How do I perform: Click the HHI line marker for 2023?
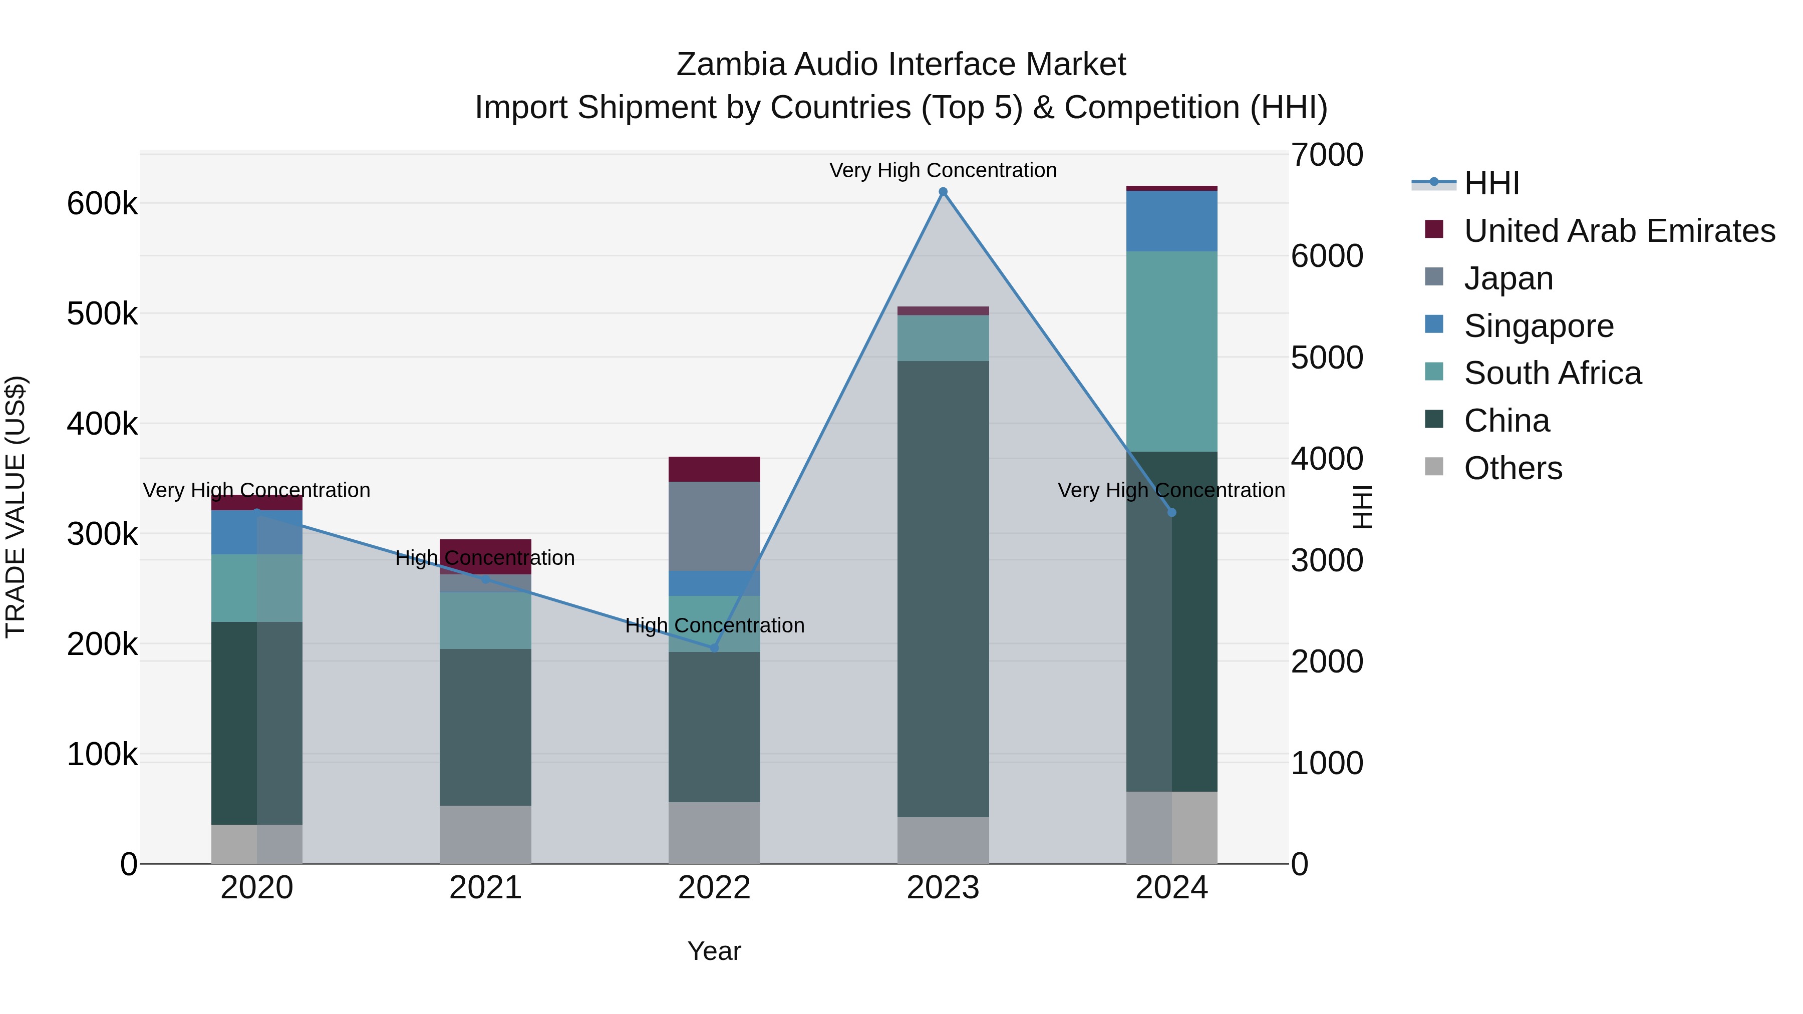click(x=943, y=192)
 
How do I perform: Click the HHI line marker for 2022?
click(x=714, y=648)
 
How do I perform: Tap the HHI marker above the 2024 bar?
click(x=1171, y=513)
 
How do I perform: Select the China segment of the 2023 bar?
click(x=943, y=588)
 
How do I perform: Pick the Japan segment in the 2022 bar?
click(x=714, y=526)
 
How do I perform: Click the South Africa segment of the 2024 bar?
click(x=1171, y=352)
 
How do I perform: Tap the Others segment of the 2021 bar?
click(x=485, y=834)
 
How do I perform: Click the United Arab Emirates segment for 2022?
click(x=714, y=469)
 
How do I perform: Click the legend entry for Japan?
click(x=1509, y=278)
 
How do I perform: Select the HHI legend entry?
click(x=1491, y=183)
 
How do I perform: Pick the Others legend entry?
click(x=1513, y=468)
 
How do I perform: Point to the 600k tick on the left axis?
click(x=102, y=204)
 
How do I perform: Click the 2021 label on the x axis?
click(x=485, y=888)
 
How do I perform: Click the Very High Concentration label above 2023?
click(x=943, y=170)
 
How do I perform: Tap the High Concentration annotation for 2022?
click(x=714, y=625)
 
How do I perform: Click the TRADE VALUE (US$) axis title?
click(x=16, y=507)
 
